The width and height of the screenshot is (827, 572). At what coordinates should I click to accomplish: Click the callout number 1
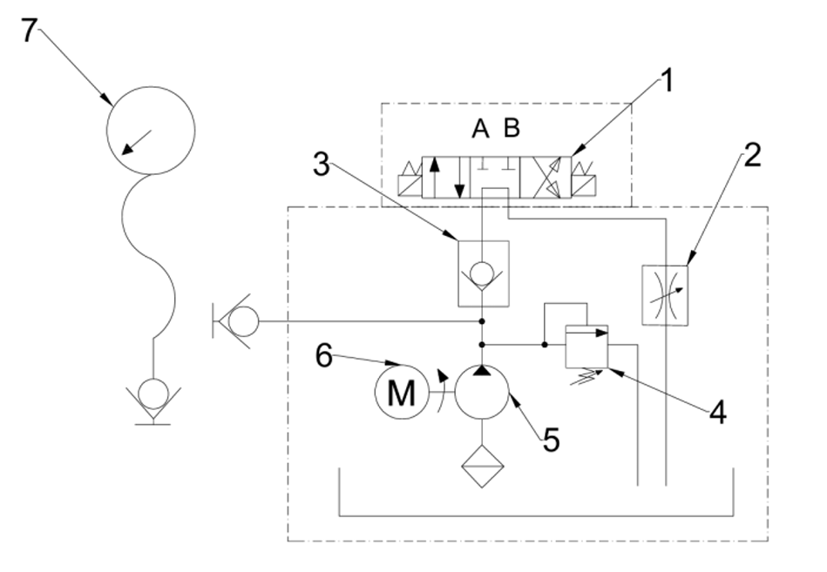667,84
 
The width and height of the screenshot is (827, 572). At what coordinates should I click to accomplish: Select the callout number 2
752,156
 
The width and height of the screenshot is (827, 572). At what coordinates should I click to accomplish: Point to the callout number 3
322,165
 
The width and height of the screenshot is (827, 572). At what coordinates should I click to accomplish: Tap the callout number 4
716,412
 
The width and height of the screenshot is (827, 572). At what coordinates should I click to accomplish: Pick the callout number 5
550,440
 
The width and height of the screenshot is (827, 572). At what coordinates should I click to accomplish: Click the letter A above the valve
480,130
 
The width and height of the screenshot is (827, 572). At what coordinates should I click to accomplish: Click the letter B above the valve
512,130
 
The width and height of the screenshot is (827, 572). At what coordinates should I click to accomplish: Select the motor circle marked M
400,394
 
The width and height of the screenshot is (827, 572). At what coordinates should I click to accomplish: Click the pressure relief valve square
586,346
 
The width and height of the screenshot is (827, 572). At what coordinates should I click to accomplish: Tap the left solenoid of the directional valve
408,179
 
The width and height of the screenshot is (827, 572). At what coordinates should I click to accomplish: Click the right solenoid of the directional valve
584,179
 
